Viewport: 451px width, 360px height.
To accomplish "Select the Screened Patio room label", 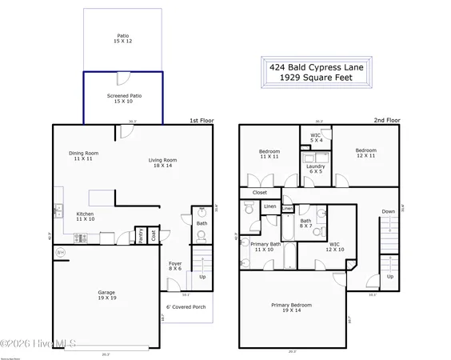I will point(123,98).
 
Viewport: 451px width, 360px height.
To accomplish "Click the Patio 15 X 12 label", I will point(123,38).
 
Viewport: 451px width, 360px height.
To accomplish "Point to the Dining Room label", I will point(83,156).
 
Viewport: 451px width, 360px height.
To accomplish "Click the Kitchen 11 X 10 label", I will point(86,217).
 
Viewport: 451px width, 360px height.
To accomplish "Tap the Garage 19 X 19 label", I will point(107,295).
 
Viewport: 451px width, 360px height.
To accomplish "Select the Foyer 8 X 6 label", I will point(175,266).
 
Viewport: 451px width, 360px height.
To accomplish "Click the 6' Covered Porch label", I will point(186,307).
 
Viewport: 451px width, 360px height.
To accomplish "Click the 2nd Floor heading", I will point(386,120).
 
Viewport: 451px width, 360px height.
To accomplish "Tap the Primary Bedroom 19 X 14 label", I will point(291,307).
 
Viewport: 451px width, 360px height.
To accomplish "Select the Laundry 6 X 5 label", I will point(315,169).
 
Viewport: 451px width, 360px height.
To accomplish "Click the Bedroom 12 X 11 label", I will point(365,153).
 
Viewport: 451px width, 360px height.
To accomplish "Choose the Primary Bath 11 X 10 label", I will point(265,247).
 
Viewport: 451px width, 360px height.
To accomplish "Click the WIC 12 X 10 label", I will point(334,247).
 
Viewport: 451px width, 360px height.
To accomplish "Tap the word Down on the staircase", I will point(388,212).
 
